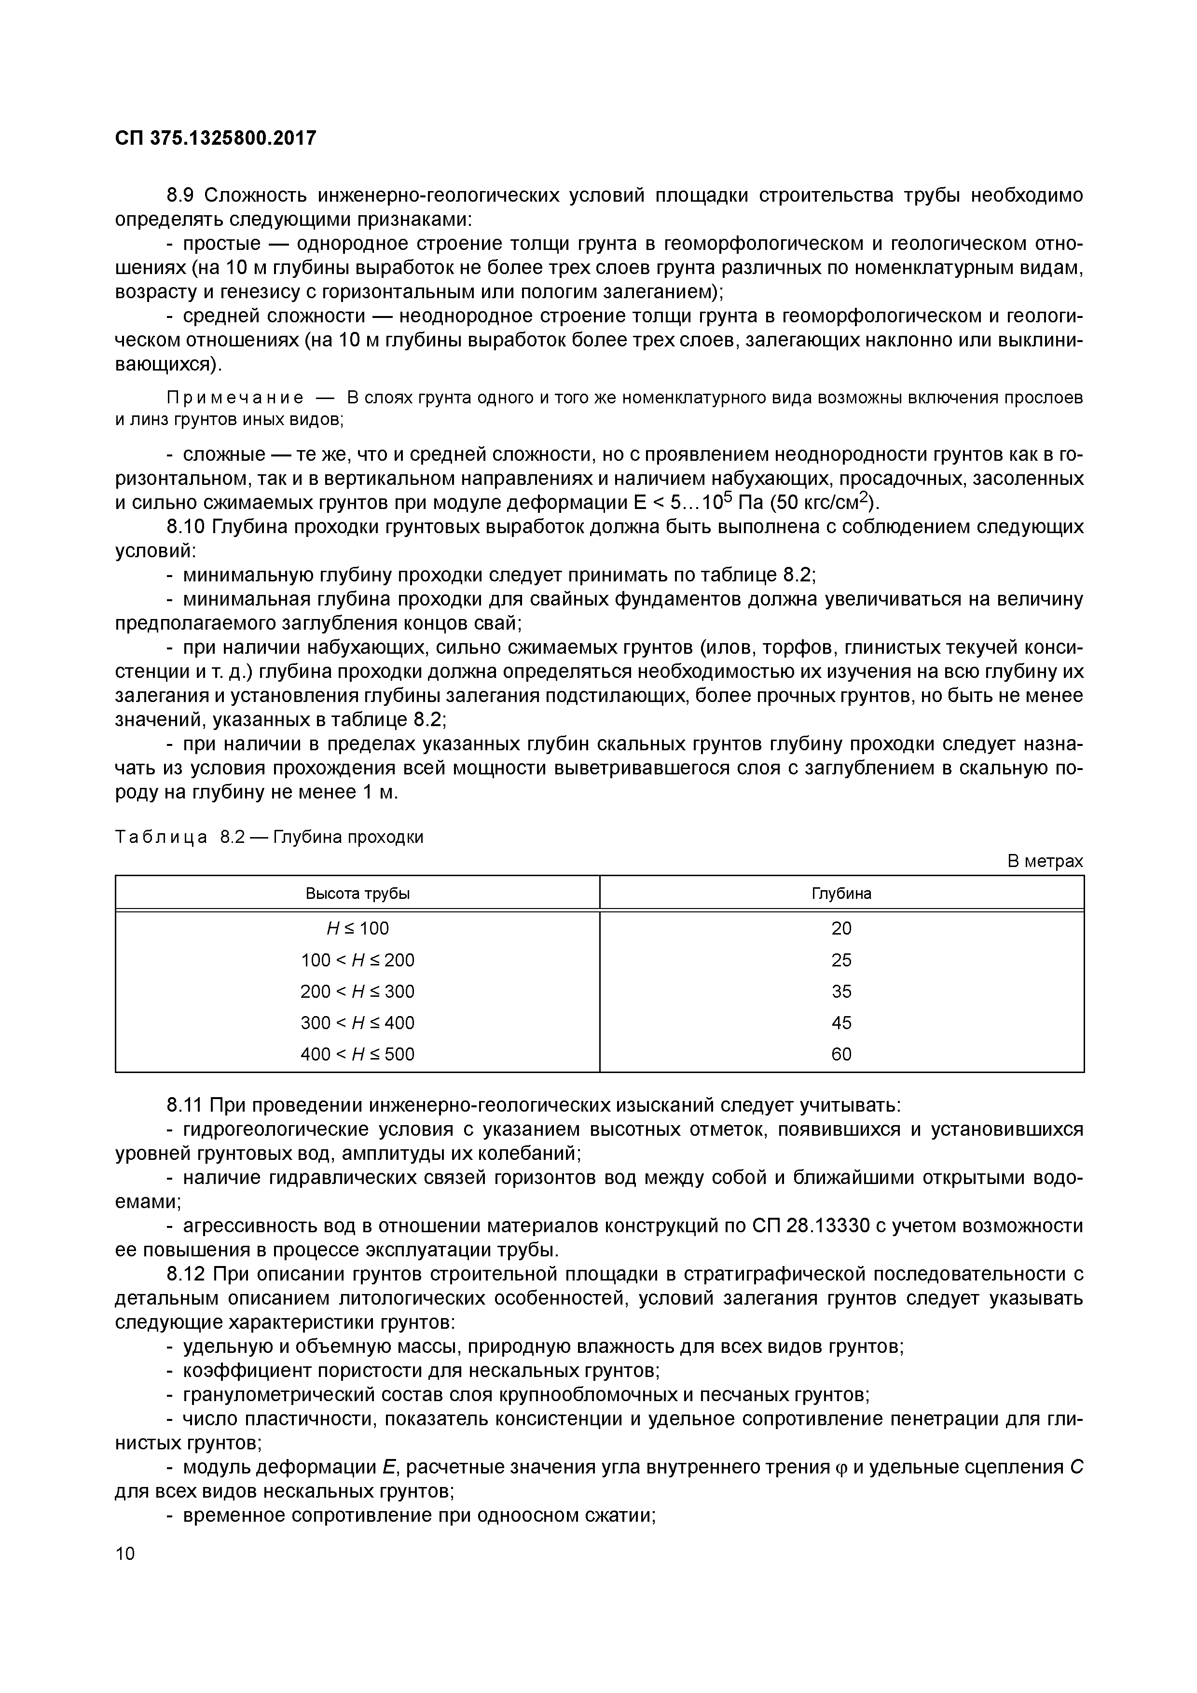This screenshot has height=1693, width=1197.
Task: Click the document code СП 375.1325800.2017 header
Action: pos(215,138)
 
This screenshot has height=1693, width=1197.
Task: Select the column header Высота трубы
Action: pos(358,893)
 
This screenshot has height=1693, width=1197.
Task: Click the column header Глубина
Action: pos(841,893)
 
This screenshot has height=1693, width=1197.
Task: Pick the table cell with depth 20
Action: pos(841,928)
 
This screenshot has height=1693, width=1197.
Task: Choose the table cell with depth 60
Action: pos(841,1054)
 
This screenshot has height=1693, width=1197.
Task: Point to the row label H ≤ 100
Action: pos(358,928)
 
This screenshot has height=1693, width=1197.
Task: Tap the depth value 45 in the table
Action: pos(841,1023)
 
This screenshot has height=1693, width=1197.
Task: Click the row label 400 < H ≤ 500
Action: pos(358,1054)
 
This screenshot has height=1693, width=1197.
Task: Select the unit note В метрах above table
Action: pos(1045,861)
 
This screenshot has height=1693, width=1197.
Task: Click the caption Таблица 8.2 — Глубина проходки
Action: pos(269,838)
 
